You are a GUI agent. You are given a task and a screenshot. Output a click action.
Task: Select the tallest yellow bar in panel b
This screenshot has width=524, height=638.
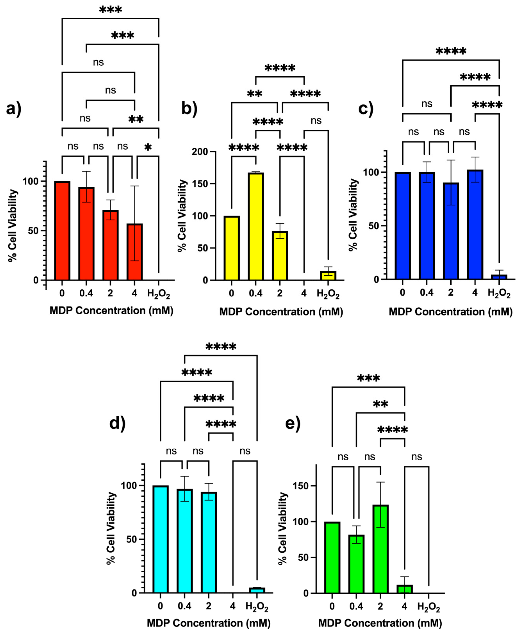pos(256,226)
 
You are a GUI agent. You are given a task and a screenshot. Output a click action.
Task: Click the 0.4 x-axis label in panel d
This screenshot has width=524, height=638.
pos(184,606)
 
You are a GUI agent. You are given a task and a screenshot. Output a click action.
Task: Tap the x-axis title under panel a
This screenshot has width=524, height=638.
pos(111,311)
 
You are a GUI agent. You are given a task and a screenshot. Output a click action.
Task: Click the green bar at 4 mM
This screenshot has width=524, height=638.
pos(405,588)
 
